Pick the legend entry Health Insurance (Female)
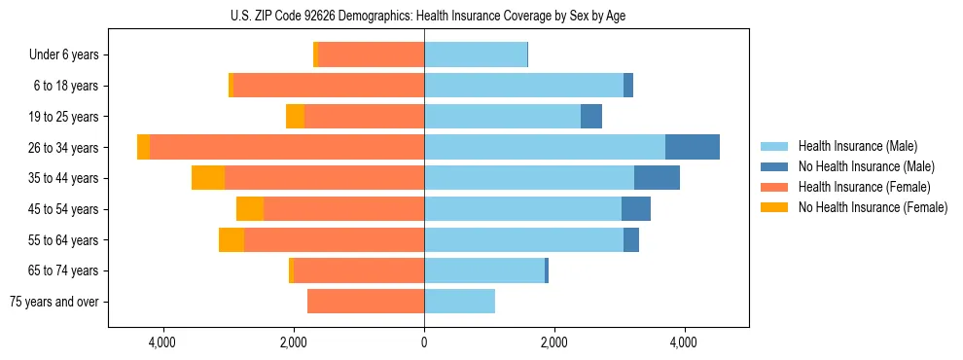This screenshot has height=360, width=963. [x=861, y=187]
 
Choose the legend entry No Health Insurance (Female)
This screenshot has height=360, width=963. [x=871, y=207]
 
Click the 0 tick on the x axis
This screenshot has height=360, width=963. [x=424, y=342]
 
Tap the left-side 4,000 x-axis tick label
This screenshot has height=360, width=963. [x=163, y=342]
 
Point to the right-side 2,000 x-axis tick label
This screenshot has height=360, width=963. [x=553, y=342]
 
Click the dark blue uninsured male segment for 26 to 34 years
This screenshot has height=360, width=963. [x=693, y=147]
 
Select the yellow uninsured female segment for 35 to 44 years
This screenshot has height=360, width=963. [x=208, y=178]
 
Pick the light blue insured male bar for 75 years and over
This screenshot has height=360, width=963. [x=459, y=302]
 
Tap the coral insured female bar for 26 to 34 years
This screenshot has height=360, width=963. [x=287, y=147]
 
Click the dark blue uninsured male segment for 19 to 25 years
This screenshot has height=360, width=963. [x=591, y=117]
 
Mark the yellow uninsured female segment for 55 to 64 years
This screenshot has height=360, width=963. [x=232, y=239]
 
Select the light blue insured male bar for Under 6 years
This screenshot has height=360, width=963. [x=476, y=55]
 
